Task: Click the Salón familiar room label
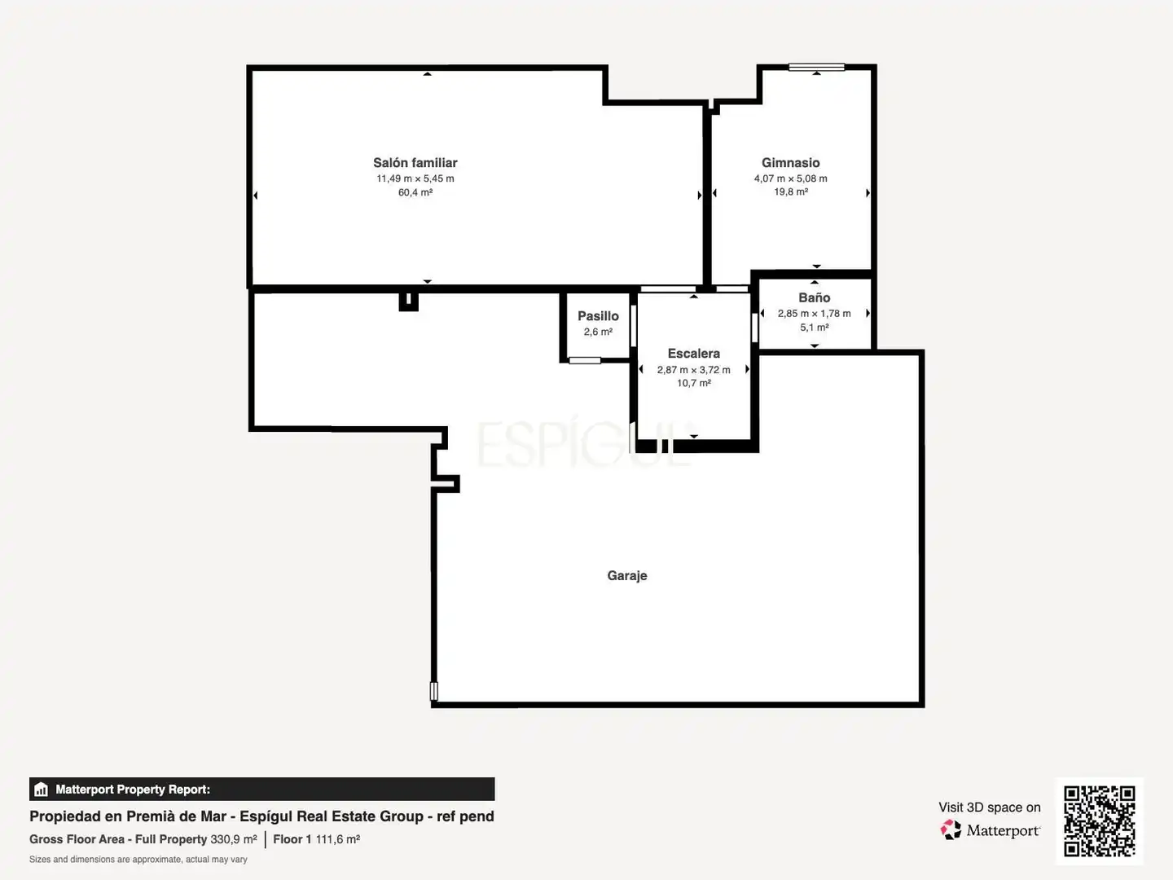[415, 162]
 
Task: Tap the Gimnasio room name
[790, 162]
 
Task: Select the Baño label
[814, 297]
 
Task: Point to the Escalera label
[694, 353]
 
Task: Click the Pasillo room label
[598, 316]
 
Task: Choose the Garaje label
[627, 575]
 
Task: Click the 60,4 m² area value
[415, 192]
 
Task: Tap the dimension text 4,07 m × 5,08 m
[790, 178]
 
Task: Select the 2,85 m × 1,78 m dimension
[814, 314]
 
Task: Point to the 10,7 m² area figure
[694, 383]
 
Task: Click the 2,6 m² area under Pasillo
[598, 332]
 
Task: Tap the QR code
[1099, 821]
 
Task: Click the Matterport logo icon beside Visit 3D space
[951, 829]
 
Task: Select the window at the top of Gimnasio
[816, 67]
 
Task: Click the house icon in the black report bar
[42, 790]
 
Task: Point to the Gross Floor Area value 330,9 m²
[234, 839]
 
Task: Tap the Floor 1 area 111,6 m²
[338, 839]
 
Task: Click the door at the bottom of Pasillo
[585, 361]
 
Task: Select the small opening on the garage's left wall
[434, 691]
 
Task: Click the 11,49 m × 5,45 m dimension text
[415, 178]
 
